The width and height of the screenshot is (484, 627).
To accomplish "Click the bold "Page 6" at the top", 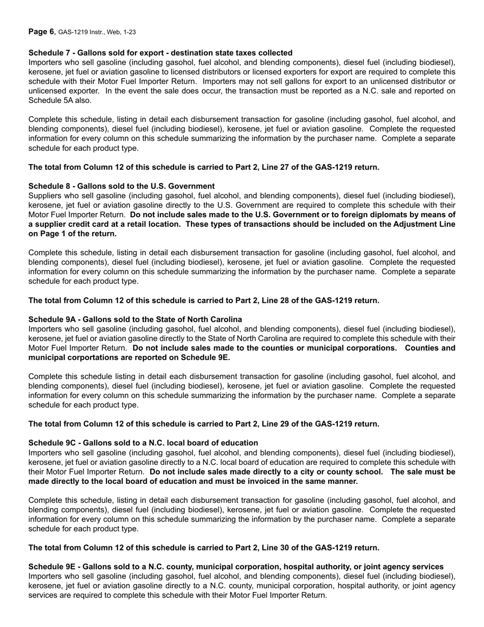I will click(x=41, y=32).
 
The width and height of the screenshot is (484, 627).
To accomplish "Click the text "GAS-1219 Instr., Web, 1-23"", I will click(x=97, y=32).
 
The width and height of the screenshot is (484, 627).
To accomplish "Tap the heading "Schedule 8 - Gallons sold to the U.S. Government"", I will click(x=121, y=186).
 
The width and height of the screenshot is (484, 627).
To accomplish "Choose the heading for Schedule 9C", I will click(x=143, y=443).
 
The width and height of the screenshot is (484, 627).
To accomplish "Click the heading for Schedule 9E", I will click(x=235, y=567).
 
